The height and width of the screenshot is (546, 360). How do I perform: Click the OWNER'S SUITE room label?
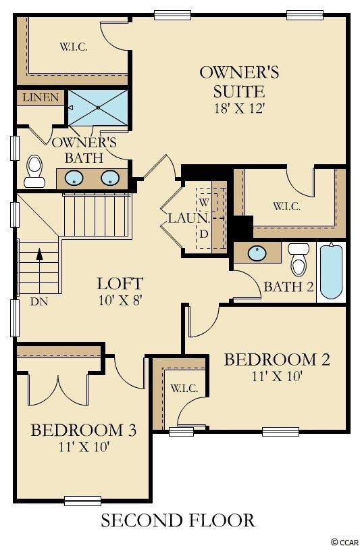pos(230,80)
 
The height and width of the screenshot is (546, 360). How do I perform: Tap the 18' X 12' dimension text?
pos(230,109)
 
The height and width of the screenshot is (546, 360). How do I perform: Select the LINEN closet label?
pos(41,98)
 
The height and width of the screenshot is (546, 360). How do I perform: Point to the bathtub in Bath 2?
pos(331,270)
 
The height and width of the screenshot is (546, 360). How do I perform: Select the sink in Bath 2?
pos(257,253)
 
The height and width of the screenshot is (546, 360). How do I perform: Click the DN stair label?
pos(39,301)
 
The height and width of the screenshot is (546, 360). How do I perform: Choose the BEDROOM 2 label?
pos(277,359)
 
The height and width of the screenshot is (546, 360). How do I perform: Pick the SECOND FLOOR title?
pos(178,520)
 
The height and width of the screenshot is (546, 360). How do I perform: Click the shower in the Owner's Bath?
pos(98,107)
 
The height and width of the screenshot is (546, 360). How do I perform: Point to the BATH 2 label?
pos(288,287)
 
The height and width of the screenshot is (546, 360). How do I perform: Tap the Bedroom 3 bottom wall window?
pos(82,500)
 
